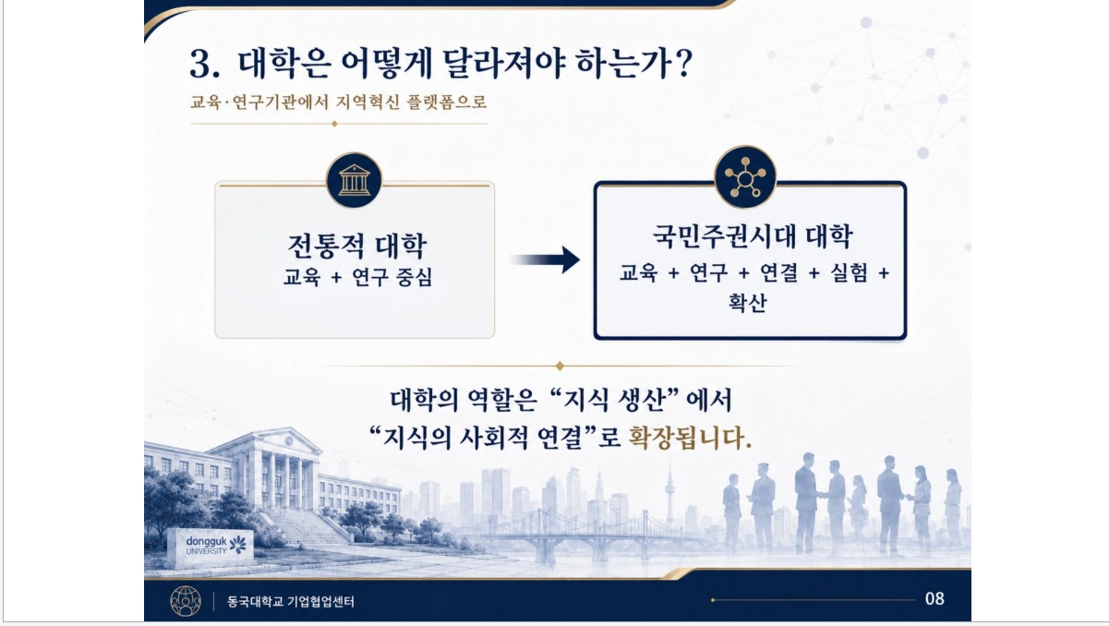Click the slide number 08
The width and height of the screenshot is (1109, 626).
point(934,599)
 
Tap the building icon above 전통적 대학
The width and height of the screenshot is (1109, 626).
point(354,180)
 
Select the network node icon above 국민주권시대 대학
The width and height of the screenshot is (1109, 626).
point(745,177)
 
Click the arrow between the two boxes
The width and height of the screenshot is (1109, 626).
point(544,259)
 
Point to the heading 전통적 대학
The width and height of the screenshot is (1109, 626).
point(356,246)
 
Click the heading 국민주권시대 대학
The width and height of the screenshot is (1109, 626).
point(753,236)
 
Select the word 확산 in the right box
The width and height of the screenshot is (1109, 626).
point(748,302)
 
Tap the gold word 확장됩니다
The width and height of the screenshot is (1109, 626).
point(690,438)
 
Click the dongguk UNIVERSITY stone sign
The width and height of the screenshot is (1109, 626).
point(210,546)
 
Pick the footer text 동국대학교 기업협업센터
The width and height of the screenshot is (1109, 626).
point(291,601)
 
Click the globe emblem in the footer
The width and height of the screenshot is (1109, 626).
point(186,601)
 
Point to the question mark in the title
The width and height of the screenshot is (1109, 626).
point(683,64)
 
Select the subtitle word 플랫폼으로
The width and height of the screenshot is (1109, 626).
point(447,102)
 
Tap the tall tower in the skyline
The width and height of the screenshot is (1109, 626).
point(669,495)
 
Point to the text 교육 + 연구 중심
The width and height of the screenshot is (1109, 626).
point(357,277)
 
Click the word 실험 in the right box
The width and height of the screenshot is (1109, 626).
point(849,272)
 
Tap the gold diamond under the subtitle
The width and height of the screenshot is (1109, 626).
point(334,124)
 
